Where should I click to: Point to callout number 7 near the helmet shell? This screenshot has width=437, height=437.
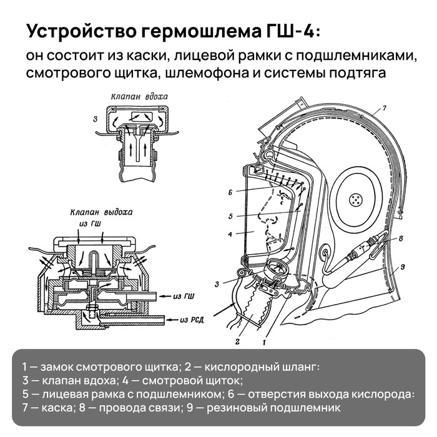385,109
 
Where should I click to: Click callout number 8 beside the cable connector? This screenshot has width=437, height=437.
401,238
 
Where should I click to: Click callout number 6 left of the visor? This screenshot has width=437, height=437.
230,192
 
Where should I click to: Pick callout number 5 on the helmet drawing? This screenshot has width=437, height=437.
230,217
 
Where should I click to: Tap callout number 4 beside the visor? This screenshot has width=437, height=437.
230,235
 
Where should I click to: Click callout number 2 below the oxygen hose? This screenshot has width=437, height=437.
237,341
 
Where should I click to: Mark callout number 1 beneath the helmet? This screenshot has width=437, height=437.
265,342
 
